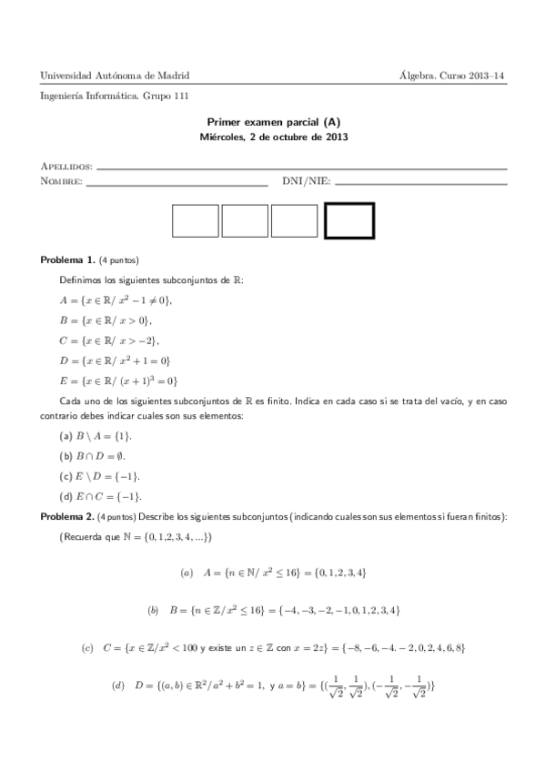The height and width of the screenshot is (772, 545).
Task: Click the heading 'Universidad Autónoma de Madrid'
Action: pyautogui.click(x=121, y=76)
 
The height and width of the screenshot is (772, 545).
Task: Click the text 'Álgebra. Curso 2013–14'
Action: pyautogui.click(x=452, y=76)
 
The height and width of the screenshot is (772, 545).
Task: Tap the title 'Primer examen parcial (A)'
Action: pyautogui.click(x=273, y=124)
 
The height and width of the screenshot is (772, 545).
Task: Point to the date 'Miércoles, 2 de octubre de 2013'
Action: pyautogui.click(x=273, y=138)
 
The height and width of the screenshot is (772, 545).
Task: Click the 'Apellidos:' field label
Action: pyautogui.click(x=66, y=168)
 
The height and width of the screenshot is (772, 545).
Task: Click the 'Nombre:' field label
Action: pyautogui.click(x=61, y=181)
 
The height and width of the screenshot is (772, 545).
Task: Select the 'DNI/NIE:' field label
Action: pyautogui.click(x=306, y=181)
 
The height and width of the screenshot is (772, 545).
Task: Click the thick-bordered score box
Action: pyautogui.click(x=349, y=220)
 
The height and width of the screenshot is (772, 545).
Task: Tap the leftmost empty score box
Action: pyautogui.click(x=196, y=220)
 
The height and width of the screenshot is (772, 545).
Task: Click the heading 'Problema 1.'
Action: pyautogui.click(x=68, y=260)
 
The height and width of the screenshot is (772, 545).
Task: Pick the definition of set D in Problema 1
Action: pyautogui.click(x=115, y=361)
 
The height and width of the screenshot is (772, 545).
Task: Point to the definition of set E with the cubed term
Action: pyautogui.click(x=118, y=381)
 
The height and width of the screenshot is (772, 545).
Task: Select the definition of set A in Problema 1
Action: pyautogui.click(x=116, y=300)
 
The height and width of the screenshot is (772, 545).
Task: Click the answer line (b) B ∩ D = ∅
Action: pyautogui.click(x=102, y=455)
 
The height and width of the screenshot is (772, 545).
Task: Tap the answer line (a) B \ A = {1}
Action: pyautogui.click(x=105, y=436)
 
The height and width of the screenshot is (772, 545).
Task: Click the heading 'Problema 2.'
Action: pyautogui.click(x=68, y=517)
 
